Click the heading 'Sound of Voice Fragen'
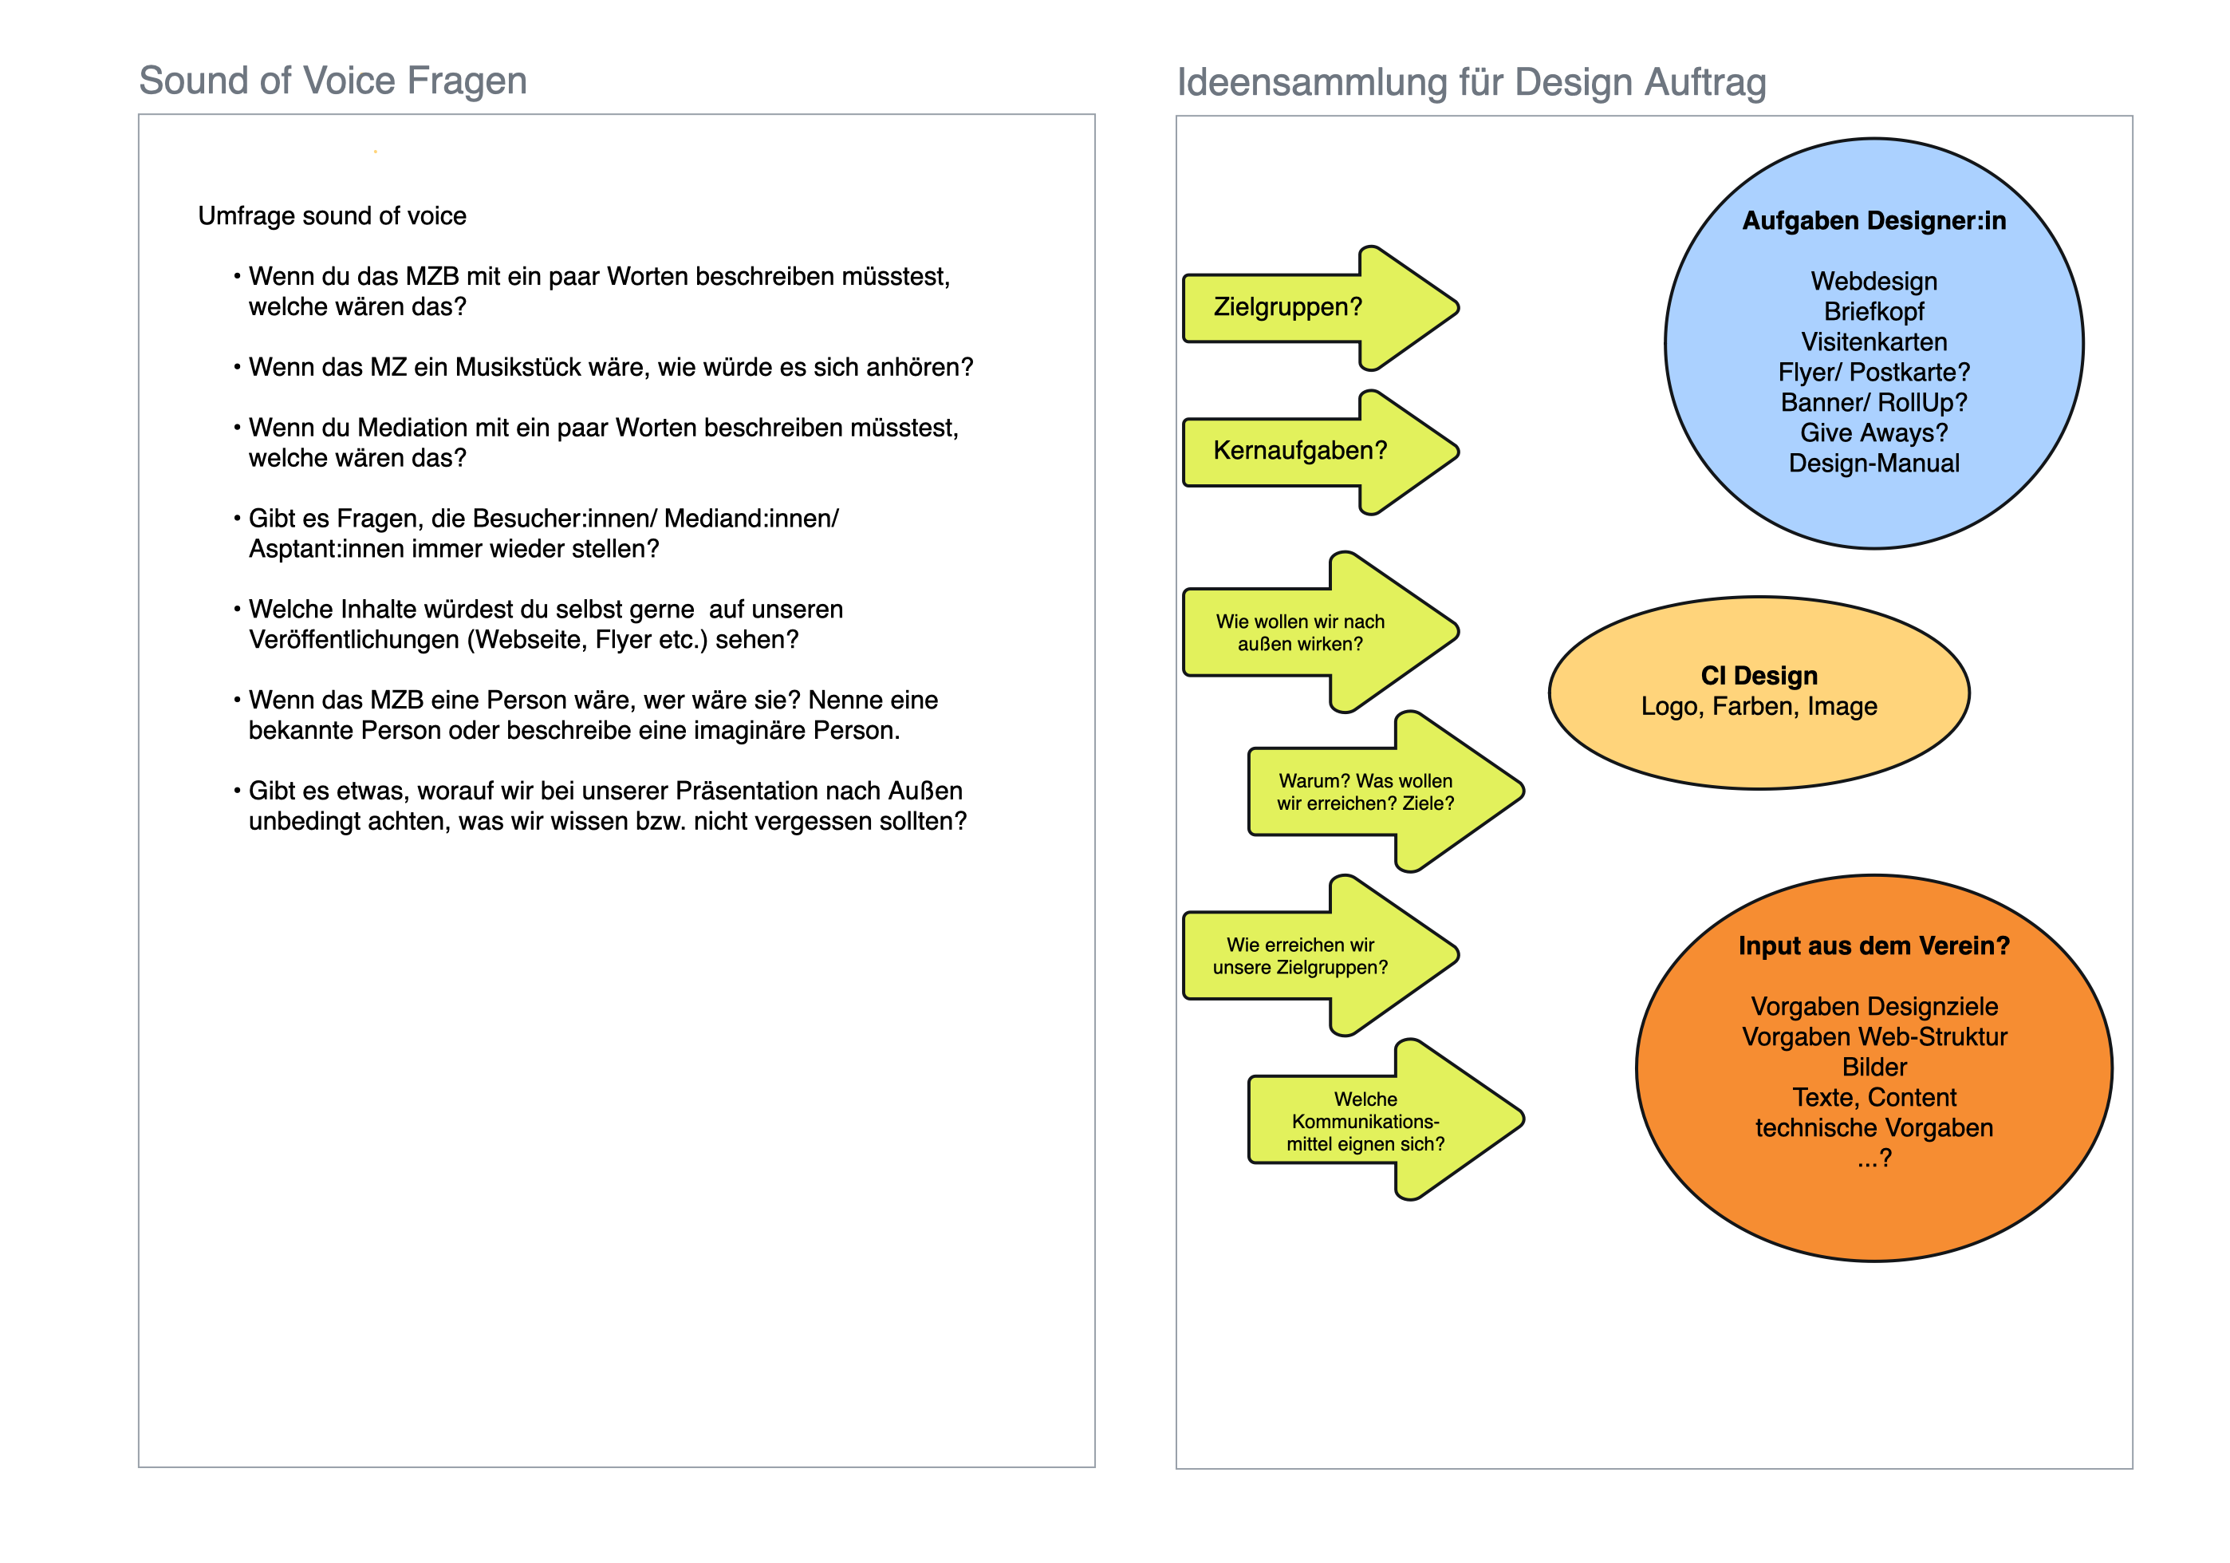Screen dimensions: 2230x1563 pyautogui.click(x=333, y=81)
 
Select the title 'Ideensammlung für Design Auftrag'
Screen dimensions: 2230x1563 pyautogui.click(x=1472, y=82)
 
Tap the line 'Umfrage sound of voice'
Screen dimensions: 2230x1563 pyautogui.click(x=332, y=215)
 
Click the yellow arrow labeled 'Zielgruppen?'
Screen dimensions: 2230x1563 pyautogui.click(x=1321, y=308)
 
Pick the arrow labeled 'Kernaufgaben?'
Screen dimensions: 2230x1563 pyautogui.click(x=1321, y=452)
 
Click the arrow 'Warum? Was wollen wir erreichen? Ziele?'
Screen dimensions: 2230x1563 pyautogui.click(x=1386, y=791)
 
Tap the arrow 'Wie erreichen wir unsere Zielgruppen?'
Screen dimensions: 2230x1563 pyautogui.click(x=1321, y=956)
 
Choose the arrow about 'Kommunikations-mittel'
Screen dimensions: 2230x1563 pyautogui.click(x=1386, y=1120)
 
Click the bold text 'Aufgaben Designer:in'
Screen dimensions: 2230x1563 pyautogui.click(x=1873, y=220)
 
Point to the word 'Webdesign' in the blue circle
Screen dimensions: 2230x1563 pyautogui.click(x=1873, y=282)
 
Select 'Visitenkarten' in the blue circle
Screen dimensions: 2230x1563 pyautogui.click(x=1873, y=342)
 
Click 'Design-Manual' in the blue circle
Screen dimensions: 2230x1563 pyautogui.click(x=1873, y=464)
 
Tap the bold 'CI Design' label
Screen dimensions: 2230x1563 pyautogui.click(x=1759, y=675)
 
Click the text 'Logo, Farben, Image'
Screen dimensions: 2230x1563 pyautogui.click(x=1759, y=706)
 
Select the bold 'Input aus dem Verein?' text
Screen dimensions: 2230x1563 pyautogui.click(x=1873, y=946)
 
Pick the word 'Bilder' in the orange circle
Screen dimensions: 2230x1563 pyautogui.click(x=1874, y=1067)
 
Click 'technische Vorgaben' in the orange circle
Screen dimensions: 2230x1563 pyautogui.click(x=1873, y=1128)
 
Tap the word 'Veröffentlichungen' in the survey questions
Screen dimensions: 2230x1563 pyautogui.click(x=353, y=640)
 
